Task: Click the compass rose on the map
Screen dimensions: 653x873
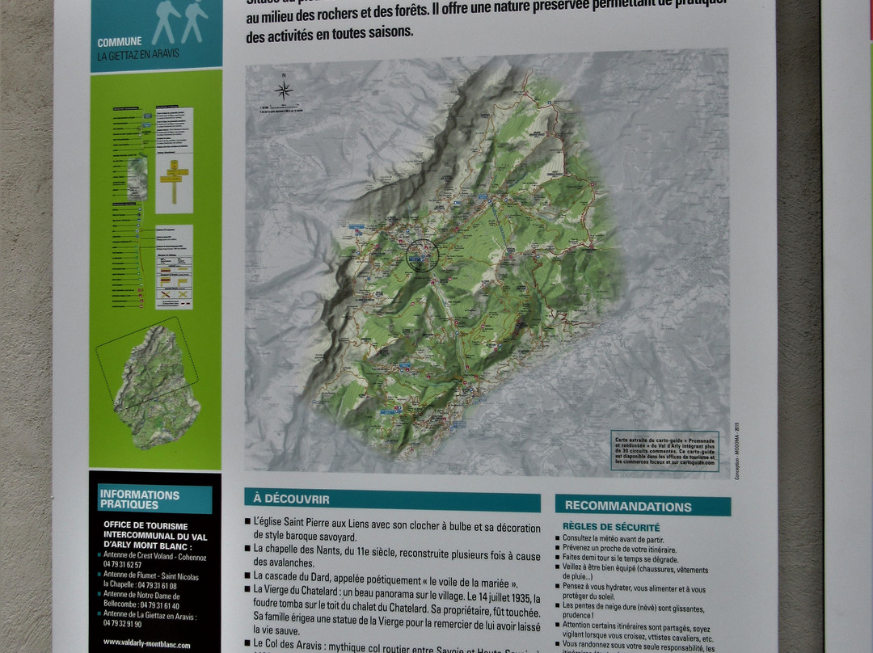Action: coord(284,90)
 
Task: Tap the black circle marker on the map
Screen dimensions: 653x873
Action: coord(421,255)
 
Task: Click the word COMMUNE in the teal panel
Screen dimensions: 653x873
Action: coord(120,42)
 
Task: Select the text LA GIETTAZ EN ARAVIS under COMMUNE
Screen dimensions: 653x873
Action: coord(138,55)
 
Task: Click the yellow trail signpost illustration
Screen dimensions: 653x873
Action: coord(174,179)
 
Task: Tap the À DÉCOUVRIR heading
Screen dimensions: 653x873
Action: coord(292,499)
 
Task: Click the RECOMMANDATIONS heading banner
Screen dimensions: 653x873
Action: coord(628,507)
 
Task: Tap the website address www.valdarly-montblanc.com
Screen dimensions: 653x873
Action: coord(147,644)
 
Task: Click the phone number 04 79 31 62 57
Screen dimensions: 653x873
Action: coord(123,565)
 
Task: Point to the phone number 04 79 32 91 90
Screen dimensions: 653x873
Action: coord(123,624)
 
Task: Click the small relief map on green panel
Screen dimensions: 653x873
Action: coord(157,386)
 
